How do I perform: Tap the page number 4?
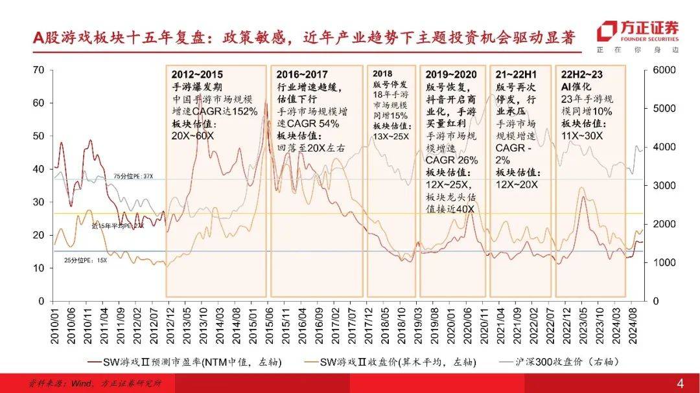click(680, 383)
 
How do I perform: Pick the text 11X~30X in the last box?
click(582, 136)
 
